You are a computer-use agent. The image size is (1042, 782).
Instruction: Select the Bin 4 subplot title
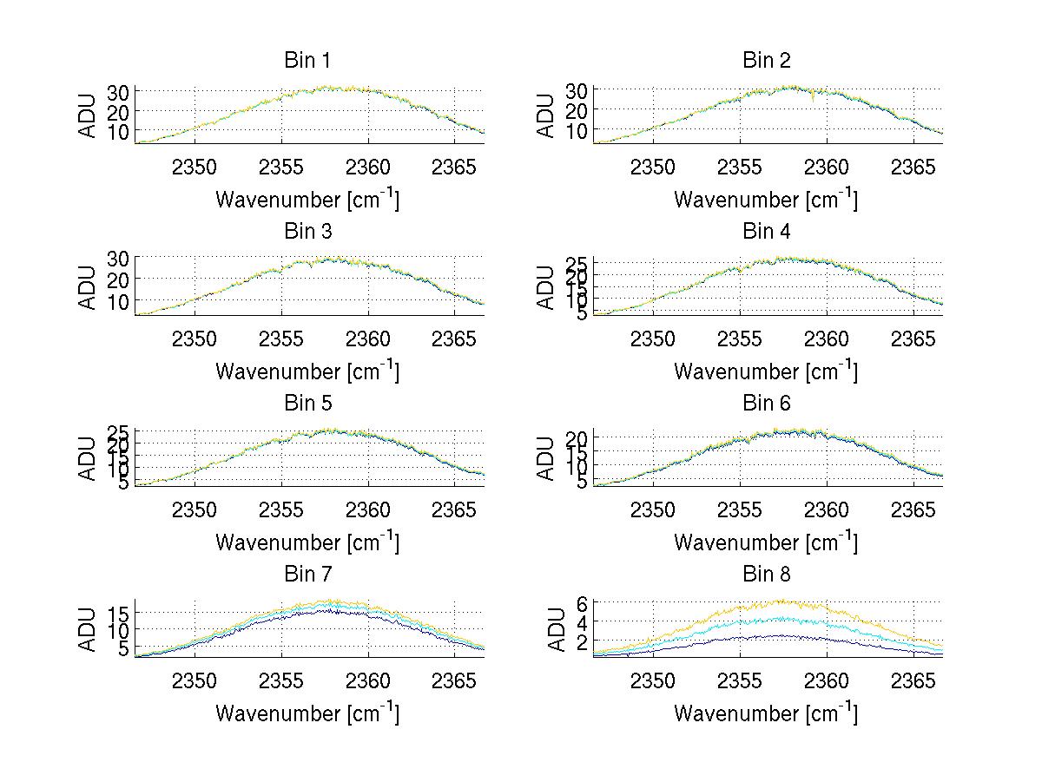[767, 232]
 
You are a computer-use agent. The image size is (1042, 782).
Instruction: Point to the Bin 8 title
[767, 575]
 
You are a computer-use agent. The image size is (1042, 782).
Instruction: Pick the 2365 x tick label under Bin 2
[913, 166]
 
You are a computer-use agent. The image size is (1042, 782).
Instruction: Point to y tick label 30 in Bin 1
[119, 92]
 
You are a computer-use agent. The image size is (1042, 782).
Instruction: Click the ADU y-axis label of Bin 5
[89, 457]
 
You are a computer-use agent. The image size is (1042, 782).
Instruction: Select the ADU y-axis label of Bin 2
[546, 115]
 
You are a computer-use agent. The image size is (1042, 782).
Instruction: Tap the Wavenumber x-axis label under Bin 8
[765, 713]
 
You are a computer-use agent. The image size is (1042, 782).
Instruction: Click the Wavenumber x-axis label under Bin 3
[307, 371]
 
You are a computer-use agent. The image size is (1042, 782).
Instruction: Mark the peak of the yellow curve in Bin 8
[783, 599]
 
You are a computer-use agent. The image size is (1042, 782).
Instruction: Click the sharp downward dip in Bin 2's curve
[813, 100]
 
